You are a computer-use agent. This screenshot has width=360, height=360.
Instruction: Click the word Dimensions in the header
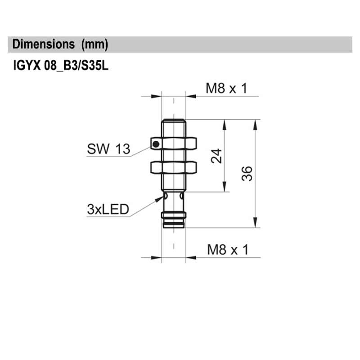(x=44, y=45)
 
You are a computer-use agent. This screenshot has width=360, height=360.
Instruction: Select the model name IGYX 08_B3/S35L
(x=61, y=67)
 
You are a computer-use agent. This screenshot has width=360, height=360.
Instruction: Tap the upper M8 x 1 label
(x=227, y=88)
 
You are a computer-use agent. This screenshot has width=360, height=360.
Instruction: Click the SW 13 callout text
(x=108, y=149)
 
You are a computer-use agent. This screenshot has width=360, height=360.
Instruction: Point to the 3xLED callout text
(x=108, y=209)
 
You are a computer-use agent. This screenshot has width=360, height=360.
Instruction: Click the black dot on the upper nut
(x=155, y=144)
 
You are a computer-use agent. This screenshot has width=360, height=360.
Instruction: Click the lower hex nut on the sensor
(x=173, y=167)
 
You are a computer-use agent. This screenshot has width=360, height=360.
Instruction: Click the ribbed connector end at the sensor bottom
(x=173, y=222)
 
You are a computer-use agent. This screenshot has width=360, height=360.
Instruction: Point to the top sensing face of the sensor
(x=173, y=120)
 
